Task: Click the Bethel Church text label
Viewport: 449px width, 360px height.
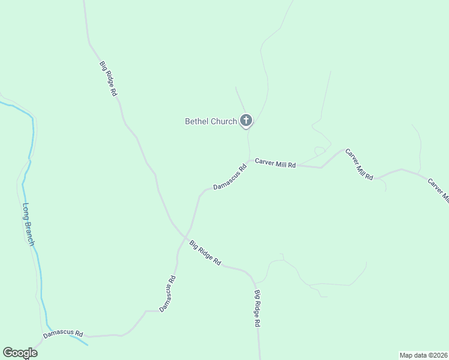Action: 211,122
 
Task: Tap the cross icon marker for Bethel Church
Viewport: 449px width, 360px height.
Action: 246,120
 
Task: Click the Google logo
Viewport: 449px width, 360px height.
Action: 20,353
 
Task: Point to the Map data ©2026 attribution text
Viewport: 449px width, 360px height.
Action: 423,355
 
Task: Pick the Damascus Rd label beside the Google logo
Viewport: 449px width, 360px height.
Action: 62,334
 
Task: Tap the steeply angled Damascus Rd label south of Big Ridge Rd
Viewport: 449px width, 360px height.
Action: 167,293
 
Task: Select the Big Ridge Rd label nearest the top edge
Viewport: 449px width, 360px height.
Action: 108,79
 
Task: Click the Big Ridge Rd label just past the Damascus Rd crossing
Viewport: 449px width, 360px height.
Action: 205,253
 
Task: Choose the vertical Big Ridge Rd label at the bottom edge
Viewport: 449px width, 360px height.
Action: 257,308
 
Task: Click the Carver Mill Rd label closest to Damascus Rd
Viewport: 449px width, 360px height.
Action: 275,163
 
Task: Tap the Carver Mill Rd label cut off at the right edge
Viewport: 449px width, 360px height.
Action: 438,190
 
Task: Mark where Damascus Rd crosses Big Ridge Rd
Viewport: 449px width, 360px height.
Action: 187,235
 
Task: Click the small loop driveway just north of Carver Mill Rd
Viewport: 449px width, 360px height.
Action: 320,150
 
